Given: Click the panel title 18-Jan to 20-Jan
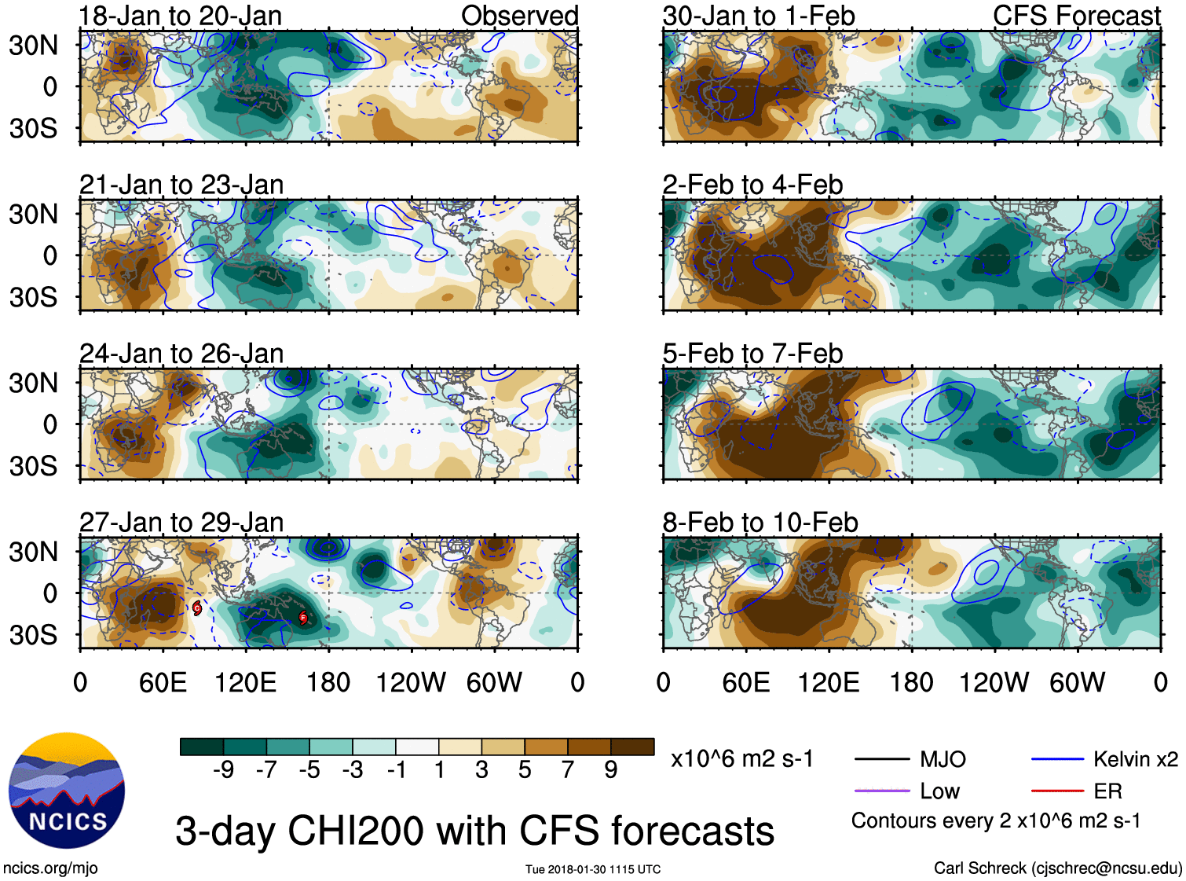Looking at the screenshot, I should pos(181,16).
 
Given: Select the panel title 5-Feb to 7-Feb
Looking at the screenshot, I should pos(752,354).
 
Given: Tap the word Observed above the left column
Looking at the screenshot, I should pos(519,16).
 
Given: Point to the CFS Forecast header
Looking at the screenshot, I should pos(1076,16).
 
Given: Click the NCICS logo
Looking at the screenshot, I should pos(67,791).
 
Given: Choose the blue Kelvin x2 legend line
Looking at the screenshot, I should pos(1057,760).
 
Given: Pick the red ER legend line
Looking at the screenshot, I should pos(1057,791).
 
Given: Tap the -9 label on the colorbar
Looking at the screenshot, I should pos(223,770).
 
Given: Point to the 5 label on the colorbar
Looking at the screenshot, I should pos(525,770).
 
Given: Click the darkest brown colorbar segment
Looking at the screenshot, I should pos(632,747).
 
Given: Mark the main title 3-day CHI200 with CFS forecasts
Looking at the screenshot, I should pos(474,831).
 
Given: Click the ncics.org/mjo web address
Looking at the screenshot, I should pos(50,868).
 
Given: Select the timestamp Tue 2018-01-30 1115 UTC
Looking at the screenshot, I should pos(593,869).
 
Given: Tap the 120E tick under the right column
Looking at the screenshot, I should pos(829,682).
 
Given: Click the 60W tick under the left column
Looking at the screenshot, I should pos(494,682).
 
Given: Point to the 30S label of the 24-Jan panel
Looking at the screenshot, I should pos(34,466).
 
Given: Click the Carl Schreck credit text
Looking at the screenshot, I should pos(1057,868).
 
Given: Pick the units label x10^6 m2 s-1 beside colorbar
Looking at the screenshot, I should pos(741,759).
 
